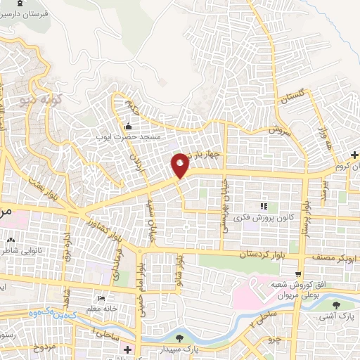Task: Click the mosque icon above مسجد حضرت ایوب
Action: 128,127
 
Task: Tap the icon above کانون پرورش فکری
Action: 264,206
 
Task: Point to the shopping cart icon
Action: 300,274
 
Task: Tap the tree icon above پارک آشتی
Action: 335,305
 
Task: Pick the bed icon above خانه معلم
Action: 100,297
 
